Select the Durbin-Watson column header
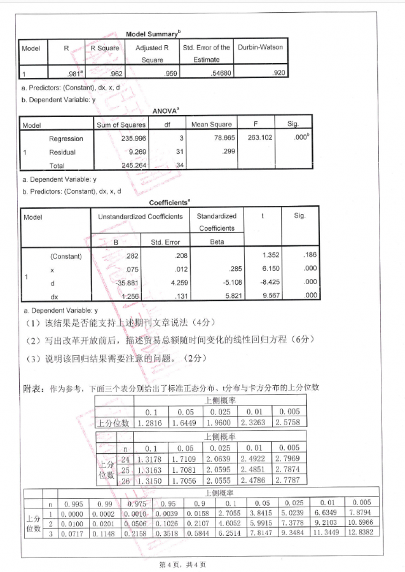click(x=260, y=47)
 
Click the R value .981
click(x=74, y=73)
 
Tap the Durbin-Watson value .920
click(x=278, y=73)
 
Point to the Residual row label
click(x=62, y=152)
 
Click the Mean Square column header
click(x=211, y=125)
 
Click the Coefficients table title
click(x=169, y=203)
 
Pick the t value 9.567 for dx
click(x=262, y=296)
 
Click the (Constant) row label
click(x=65, y=256)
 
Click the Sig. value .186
click(x=308, y=256)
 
